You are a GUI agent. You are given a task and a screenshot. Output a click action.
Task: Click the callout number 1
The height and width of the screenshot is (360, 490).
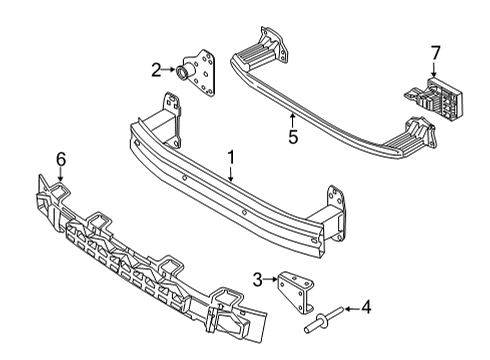tap(231, 157)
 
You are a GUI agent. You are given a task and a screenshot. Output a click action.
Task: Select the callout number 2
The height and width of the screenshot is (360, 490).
tap(156, 70)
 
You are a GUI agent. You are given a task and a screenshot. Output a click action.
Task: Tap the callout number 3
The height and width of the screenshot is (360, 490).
tap(257, 279)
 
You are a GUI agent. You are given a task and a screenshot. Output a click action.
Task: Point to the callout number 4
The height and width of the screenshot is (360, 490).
tap(365, 308)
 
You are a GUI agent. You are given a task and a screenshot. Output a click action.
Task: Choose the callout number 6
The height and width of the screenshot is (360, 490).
tap(60, 157)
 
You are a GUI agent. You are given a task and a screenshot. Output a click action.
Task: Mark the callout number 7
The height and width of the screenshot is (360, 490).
tap(434, 51)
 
